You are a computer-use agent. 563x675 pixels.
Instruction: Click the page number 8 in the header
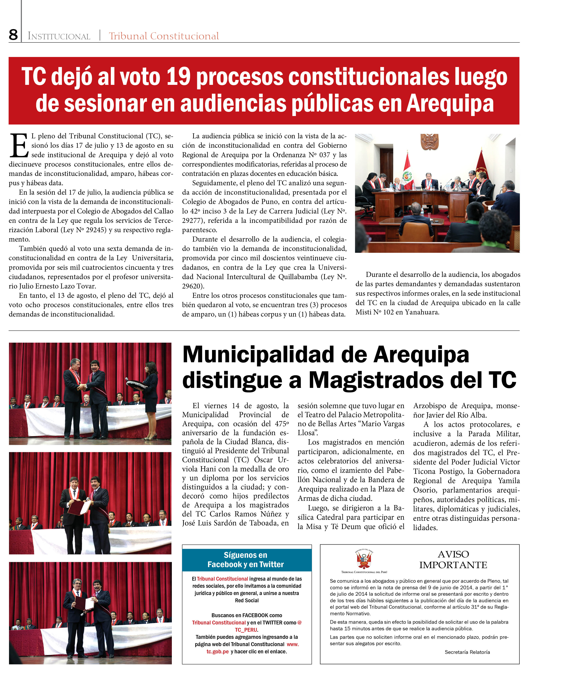pyautogui.click(x=13, y=35)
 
